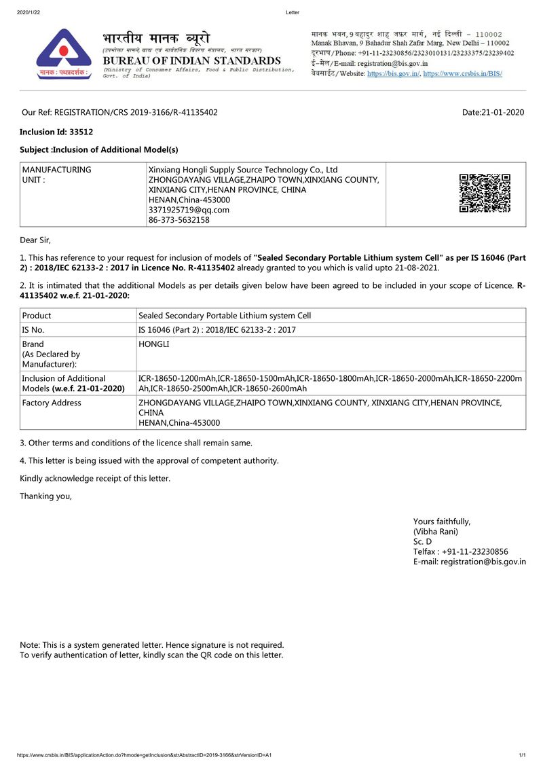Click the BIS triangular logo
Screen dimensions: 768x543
coord(63,54)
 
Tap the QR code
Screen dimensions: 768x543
coord(485,194)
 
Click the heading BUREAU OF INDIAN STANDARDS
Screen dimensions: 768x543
coord(191,60)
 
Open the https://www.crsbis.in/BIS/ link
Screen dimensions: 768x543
coord(463,73)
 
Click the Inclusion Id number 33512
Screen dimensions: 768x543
coord(81,132)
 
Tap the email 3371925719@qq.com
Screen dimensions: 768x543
coord(189,210)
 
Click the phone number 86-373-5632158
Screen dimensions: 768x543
coord(179,220)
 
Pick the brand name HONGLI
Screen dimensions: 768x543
coord(154,344)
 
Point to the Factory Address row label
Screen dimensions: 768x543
coord(52,403)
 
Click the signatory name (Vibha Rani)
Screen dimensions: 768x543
coord(436,532)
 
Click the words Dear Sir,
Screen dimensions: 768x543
coord(35,240)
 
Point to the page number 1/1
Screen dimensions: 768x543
coord(522,755)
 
